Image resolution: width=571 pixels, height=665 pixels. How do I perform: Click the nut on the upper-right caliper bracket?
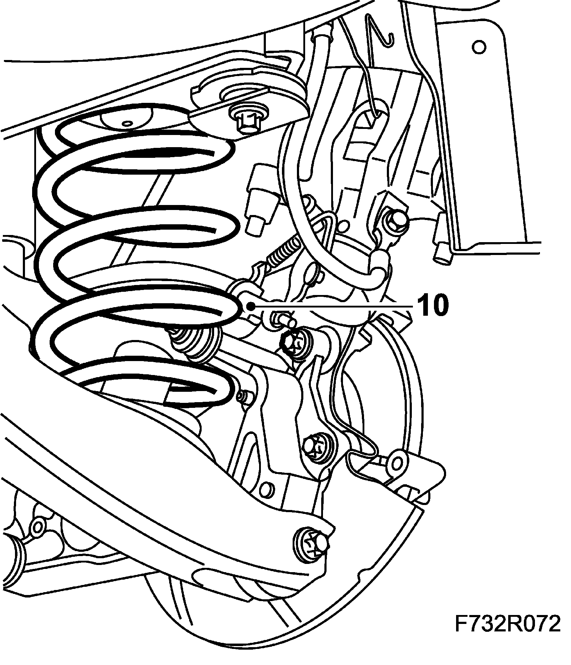[397, 218]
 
